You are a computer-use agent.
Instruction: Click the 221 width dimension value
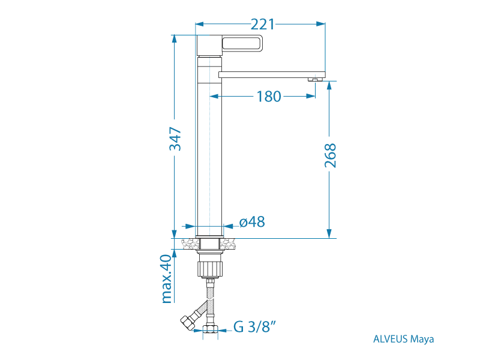263,24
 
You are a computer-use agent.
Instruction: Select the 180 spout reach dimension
268,97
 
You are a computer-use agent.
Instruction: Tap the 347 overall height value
176,139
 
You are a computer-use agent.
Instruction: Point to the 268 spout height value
331,155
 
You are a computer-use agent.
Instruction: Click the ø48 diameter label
252,222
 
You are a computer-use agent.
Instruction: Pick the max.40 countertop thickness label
167,279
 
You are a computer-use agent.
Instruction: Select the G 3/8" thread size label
254,326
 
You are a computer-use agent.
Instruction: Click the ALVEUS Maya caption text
403,339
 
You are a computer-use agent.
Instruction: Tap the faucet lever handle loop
242,43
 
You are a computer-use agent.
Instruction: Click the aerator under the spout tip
315,80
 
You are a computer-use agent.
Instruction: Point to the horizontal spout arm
272,74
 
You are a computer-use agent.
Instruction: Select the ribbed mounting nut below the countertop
210,269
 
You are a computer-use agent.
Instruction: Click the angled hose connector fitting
191,318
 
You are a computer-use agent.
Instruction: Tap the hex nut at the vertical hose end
210,329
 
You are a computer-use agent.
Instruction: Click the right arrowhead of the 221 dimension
321,24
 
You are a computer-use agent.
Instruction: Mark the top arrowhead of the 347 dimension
175,39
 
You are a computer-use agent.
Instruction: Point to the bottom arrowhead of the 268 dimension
329,234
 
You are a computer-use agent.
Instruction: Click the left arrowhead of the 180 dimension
214,97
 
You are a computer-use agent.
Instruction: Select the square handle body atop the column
209,46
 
